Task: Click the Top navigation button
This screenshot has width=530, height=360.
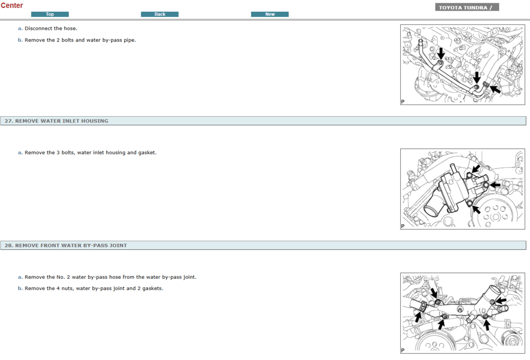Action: [50, 14]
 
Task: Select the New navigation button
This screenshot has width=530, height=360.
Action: [270, 14]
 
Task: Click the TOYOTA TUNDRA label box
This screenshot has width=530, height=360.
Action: [467, 7]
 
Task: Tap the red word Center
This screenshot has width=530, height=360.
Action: [12, 5]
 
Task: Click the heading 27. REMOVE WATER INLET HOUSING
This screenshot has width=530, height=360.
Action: [57, 121]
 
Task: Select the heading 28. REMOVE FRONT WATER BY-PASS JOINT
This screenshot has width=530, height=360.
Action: [66, 245]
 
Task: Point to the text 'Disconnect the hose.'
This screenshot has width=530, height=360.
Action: [51, 29]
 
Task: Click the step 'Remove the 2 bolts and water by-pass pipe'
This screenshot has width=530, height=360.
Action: [80, 40]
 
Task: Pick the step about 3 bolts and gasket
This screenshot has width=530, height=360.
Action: [91, 153]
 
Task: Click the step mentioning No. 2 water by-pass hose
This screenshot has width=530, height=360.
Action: [111, 277]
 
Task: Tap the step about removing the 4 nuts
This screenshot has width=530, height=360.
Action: [94, 288]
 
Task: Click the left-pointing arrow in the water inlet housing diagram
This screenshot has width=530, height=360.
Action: [495, 185]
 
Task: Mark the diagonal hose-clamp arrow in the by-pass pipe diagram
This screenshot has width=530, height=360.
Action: [495, 90]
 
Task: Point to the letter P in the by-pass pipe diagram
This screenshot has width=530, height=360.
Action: [403, 101]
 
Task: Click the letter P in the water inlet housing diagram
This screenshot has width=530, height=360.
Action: [403, 226]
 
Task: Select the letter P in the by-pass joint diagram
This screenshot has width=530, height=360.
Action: [403, 350]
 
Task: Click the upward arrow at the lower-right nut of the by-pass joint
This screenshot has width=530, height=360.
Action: [487, 325]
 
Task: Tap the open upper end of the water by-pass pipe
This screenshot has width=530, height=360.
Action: [420, 41]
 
